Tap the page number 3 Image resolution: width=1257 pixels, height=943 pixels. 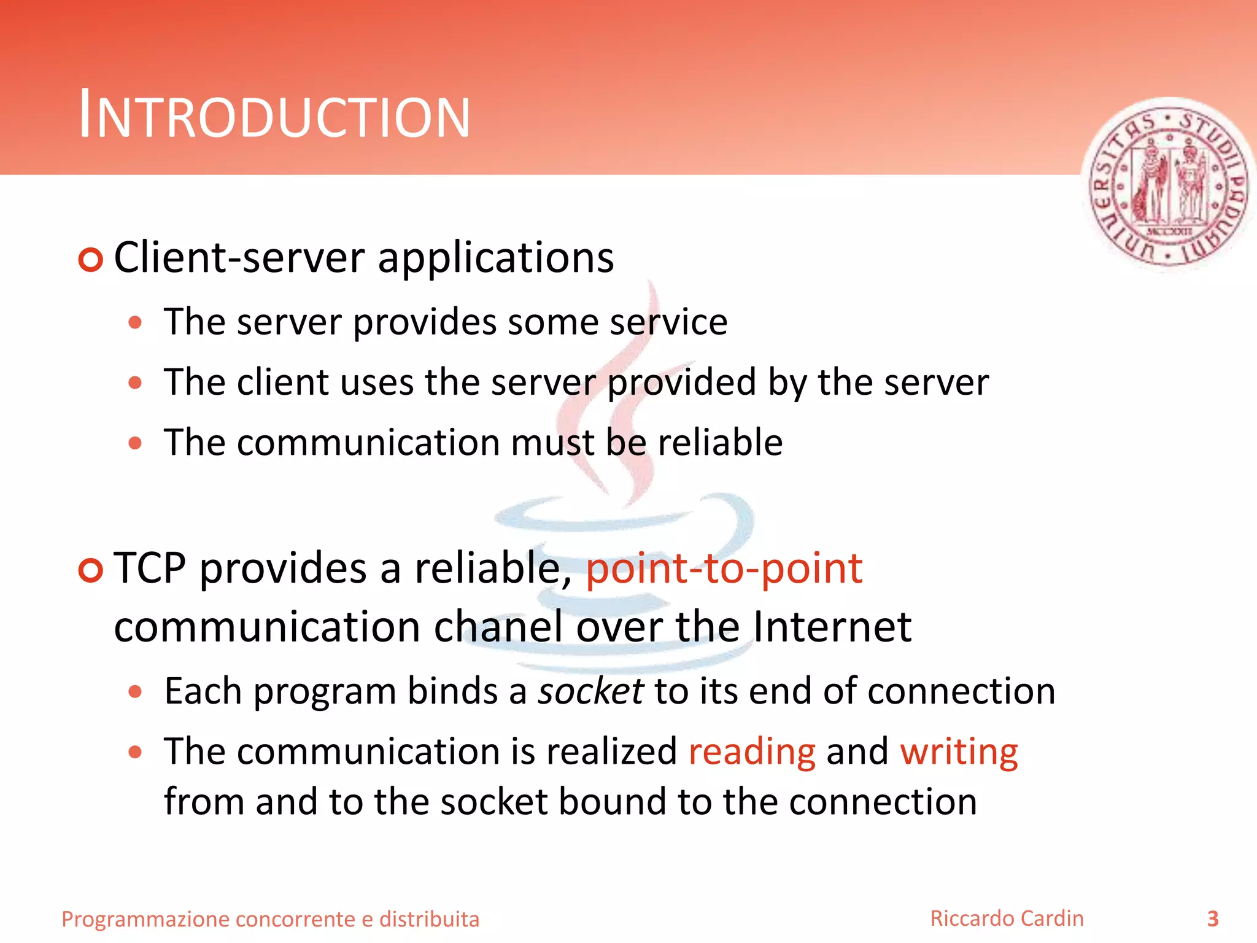(1213, 918)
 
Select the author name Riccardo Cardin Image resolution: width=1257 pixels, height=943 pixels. (1007, 918)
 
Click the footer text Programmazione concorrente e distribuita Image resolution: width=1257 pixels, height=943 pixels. (270, 919)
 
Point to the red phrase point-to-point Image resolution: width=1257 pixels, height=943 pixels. (724, 569)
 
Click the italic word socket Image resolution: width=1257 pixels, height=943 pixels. (590, 691)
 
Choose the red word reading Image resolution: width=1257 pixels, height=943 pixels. (752, 751)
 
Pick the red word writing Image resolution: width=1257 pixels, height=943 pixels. (959, 751)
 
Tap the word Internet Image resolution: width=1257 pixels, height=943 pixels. (832, 627)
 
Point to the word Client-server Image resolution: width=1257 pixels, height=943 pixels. (239, 258)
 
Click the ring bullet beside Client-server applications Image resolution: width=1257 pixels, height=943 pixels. (91, 260)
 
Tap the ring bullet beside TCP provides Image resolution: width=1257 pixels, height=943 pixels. (91, 571)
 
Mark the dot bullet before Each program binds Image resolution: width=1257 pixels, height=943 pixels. (136, 693)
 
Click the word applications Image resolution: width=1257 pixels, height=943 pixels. (496, 258)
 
